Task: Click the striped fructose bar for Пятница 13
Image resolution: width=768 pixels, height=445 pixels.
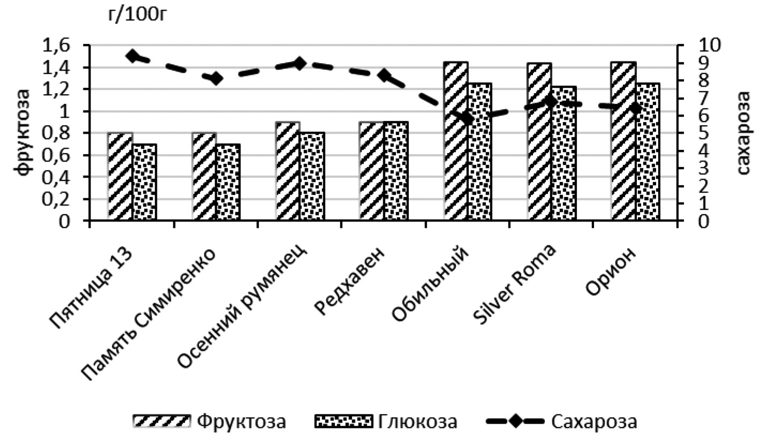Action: pyautogui.click(x=120, y=176)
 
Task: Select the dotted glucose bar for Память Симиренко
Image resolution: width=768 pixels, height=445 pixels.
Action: pyautogui.click(x=228, y=181)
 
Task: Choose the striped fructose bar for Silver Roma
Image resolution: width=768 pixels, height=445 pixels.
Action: pyautogui.click(x=539, y=141)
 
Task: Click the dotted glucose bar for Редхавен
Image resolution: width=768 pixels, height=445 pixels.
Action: pyautogui.click(x=396, y=171)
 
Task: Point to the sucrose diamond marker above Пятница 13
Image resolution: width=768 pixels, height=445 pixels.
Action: pyautogui.click(x=132, y=56)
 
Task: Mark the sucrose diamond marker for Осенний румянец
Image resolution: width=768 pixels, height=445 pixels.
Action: pyautogui.click(x=300, y=64)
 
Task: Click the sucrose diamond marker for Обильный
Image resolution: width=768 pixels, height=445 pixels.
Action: pyautogui.click(x=467, y=118)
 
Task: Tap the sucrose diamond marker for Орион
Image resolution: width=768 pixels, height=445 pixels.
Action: pyautogui.click(x=635, y=109)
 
